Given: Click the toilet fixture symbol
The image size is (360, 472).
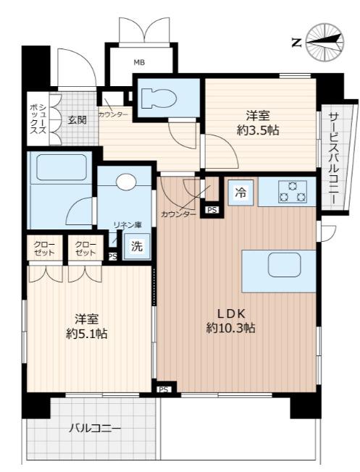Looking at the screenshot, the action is coord(159,98).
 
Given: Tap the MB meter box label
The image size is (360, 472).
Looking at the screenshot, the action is coord(140,62).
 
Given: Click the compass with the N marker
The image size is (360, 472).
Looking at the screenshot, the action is coord(325,43).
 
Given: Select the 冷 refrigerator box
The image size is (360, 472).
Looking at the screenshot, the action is coord(240,193).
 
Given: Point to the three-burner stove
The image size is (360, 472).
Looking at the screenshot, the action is coord(293,192).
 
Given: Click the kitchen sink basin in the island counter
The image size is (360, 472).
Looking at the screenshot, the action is coord(285,265).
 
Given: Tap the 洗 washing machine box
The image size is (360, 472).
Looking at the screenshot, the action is coord(137,247).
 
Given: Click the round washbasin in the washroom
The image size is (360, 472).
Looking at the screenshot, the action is coord(126,182).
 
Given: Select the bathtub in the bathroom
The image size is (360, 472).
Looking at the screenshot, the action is coord(62,167).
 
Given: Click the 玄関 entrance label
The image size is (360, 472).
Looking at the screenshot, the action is coord(77,120).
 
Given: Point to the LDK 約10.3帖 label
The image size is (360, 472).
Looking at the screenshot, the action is coord(231,321).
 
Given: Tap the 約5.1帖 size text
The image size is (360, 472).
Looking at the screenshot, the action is coord(87,333).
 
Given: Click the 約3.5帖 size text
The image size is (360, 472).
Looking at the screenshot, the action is coord(258,130).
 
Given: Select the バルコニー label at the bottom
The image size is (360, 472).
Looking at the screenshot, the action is coord(95,428).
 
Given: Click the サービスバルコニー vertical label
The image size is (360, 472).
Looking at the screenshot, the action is coord(332,158).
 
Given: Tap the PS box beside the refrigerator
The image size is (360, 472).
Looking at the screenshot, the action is coord(212,210).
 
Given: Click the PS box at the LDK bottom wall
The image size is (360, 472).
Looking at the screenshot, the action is coord(164,389).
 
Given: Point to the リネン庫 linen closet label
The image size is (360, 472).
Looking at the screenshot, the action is coord(127,224).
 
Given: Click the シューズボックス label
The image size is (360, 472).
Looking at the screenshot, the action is coord(38,119).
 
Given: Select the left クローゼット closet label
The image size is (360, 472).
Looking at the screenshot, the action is coord(44,248).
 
